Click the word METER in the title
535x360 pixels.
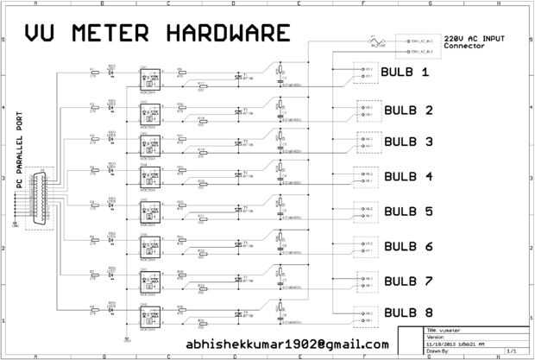(x=113, y=33)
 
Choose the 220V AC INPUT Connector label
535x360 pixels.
(x=475, y=41)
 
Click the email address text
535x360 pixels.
(x=287, y=344)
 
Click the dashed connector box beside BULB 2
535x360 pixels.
(x=368, y=110)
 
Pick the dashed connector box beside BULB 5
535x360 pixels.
(x=368, y=212)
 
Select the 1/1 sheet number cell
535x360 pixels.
(x=512, y=351)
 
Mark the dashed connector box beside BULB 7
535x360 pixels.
(x=368, y=281)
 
